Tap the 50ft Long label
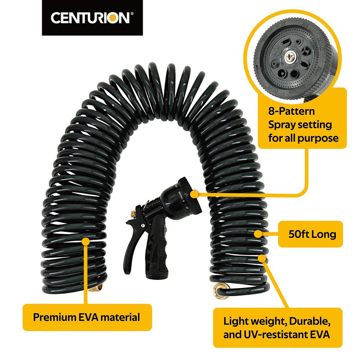click(314, 234)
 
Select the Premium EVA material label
click(86, 317)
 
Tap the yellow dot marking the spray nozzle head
click(194, 193)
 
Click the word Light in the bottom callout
click(236, 322)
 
